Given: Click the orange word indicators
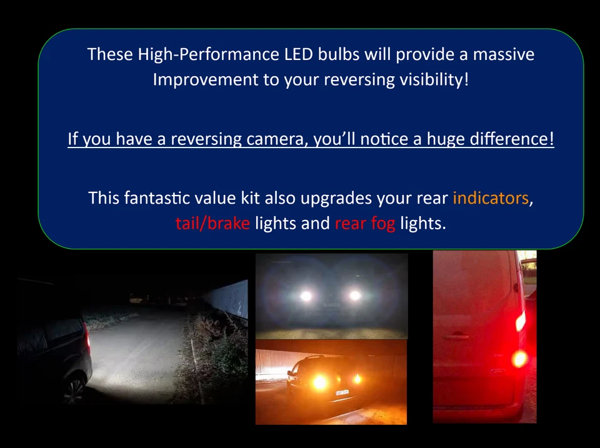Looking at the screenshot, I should [x=491, y=198].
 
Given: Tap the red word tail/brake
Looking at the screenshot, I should [x=212, y=223].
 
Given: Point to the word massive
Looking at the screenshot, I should [x=503, y=54].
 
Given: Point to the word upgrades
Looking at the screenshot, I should [x=336, y=198].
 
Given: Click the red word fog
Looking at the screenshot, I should [x=382, y=223].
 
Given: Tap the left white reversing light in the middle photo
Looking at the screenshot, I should [x=306, y=296].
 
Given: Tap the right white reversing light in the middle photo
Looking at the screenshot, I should [x=354, y=295].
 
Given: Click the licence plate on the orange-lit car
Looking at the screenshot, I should [x=342, y=392].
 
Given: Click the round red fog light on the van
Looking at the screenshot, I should [x=519, y=359].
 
